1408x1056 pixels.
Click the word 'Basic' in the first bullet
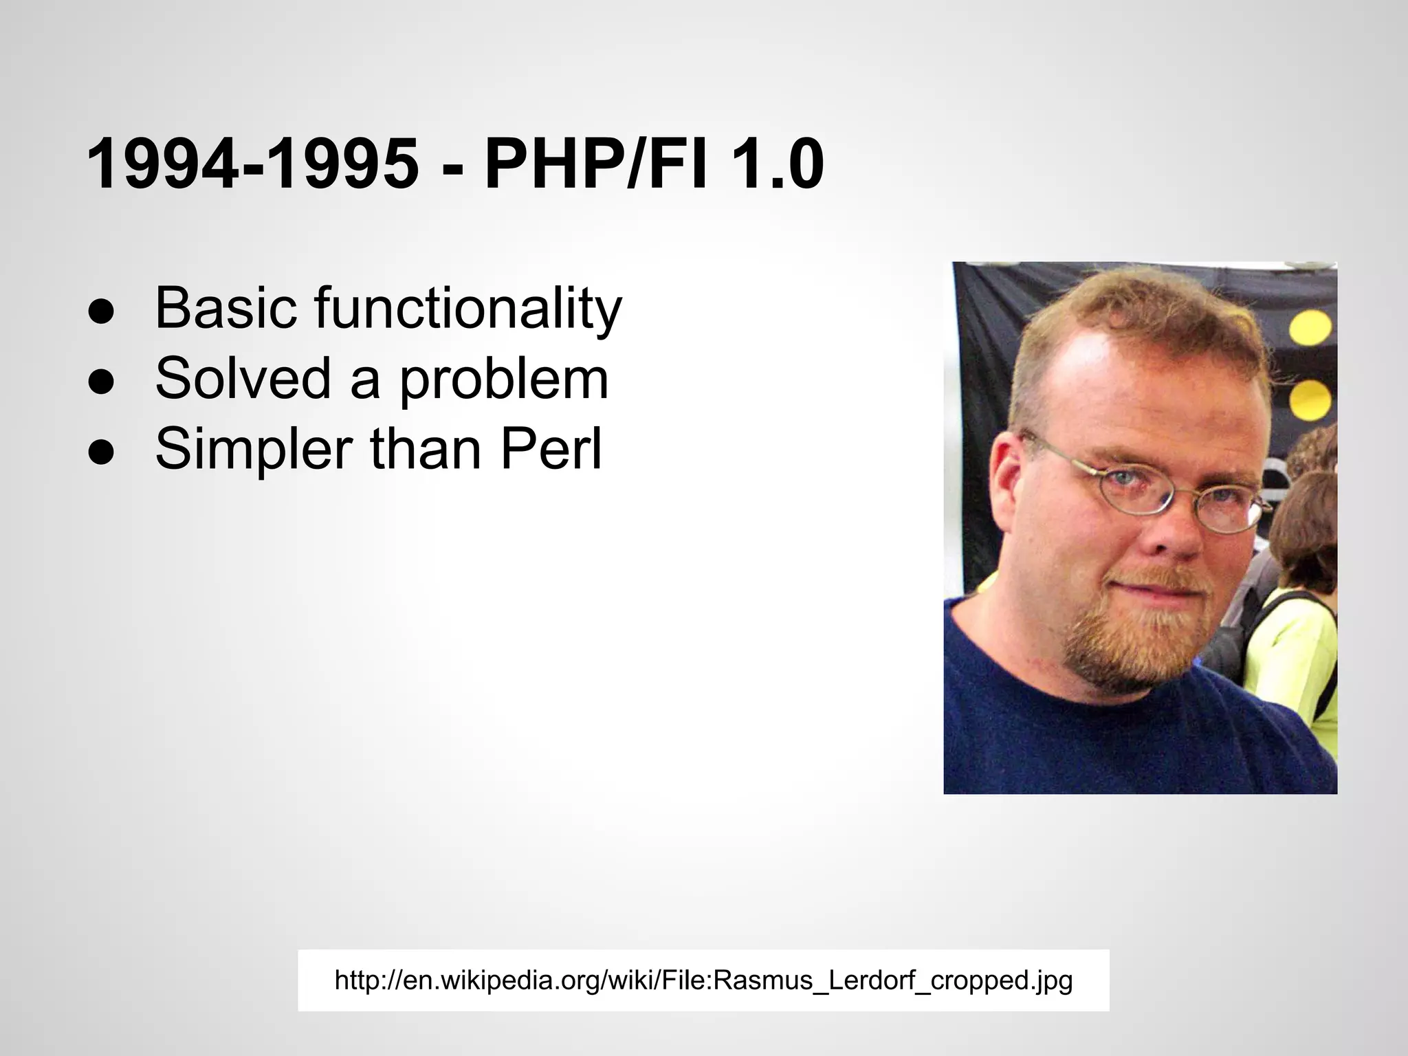(225, 307)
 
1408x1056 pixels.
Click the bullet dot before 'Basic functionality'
(101, 312)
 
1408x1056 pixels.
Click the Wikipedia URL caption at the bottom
(703, 980)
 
